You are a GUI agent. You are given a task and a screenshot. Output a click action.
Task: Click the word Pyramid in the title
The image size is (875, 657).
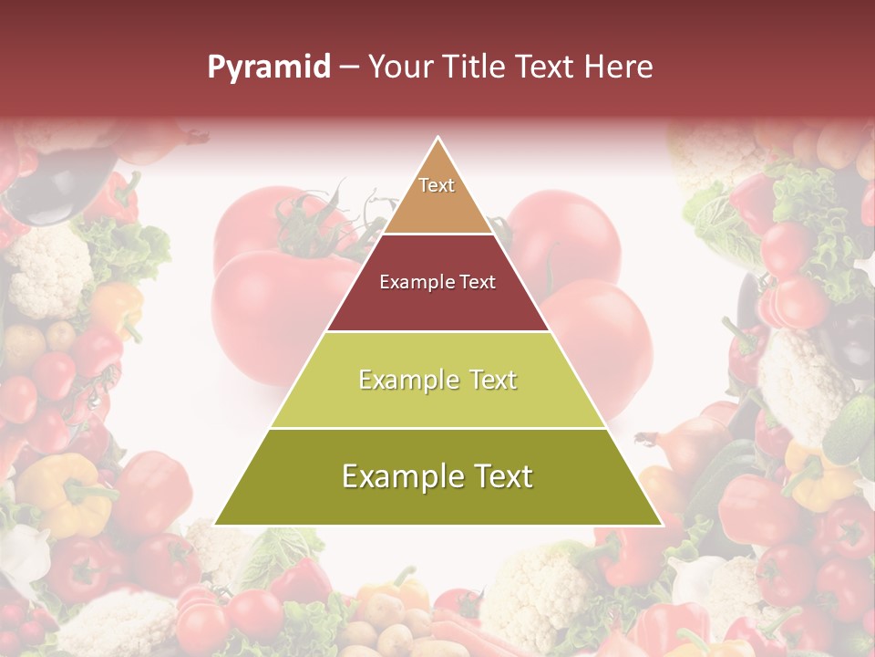tap(268, 68)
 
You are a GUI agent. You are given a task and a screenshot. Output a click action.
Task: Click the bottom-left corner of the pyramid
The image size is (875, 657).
tap(217, 524)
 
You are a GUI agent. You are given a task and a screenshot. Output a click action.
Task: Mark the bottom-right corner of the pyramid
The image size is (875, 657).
tap(660, 524)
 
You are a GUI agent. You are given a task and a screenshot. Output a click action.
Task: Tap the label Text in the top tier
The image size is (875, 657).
tap(437, 185)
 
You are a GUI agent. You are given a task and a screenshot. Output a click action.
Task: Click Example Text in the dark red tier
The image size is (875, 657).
tap(437, 282)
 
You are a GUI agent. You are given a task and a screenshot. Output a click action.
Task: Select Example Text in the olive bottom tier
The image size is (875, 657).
tap(437, 476)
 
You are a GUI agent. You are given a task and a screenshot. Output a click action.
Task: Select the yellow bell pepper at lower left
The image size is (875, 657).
tap(64, 493)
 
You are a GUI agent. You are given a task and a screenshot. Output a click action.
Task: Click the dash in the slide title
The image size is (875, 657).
tap(348, 68)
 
